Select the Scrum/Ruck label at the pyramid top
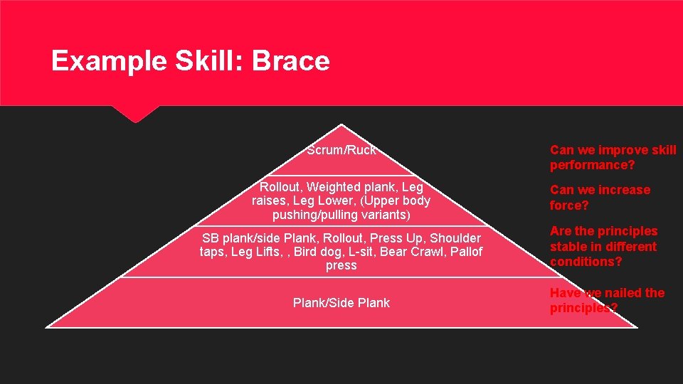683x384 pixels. pyautogui.click(x=341, y=150)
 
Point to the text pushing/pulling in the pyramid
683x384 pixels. pyautogui.click(x=309, y=215)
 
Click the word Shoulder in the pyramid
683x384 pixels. pyautogui.click(x=453, y=238)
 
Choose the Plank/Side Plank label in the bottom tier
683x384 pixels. pyautogui.click(x=341, y=303)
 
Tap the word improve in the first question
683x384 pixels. pyautogui.click(x=623, y=150)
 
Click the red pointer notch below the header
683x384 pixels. pyautogui.click(x=134, y=114)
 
